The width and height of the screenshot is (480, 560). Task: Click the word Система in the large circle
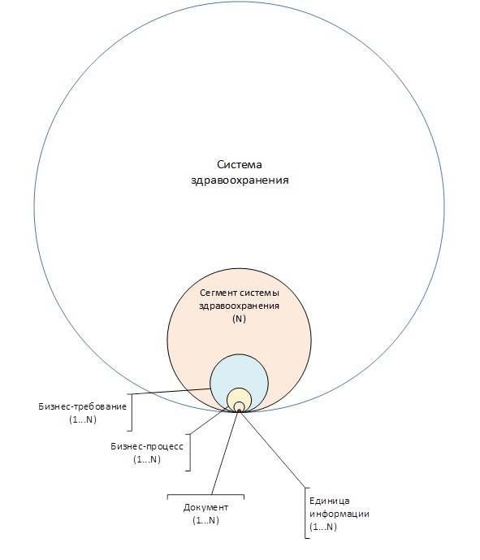239,165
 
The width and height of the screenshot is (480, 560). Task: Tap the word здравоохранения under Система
240,180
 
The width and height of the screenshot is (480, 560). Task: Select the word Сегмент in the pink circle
218,293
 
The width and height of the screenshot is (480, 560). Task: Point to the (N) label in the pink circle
239,319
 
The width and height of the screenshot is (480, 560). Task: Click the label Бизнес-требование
83,406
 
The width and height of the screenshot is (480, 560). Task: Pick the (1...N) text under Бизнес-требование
83,419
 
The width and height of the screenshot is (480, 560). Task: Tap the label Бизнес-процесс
147,446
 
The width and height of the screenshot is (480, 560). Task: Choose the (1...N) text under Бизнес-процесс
147,459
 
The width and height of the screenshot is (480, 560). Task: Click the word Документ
205,507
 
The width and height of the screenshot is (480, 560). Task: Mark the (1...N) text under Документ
205,520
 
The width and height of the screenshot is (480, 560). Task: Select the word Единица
330,501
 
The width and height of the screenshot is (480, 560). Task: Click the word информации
339,514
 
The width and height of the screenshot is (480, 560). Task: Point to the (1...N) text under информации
323,527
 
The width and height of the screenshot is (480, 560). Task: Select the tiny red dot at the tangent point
239,411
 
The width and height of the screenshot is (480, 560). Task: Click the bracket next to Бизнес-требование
131,413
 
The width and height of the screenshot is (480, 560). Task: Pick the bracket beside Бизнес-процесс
188,453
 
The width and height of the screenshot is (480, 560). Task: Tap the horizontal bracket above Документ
205,495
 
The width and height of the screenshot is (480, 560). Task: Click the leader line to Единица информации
273,449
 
